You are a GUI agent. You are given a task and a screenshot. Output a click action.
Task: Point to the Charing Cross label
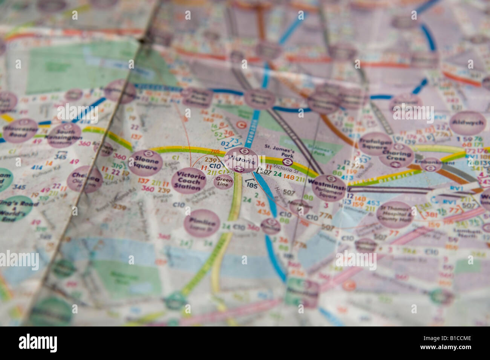(x=396, y=155)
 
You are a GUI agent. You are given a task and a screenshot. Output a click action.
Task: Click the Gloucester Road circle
(x=20, y=130)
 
